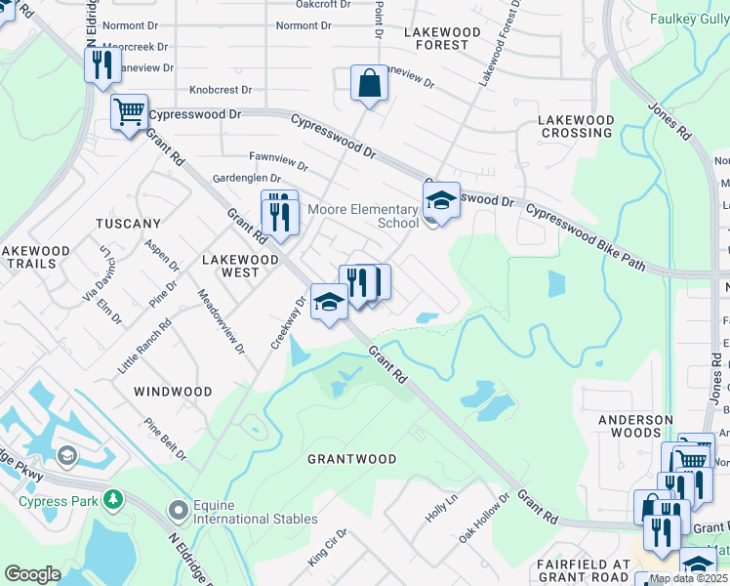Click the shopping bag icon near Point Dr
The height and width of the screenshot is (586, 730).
370,84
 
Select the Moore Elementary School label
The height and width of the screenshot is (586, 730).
363,216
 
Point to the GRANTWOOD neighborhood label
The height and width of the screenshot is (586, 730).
351,459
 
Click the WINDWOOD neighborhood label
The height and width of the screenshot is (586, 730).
173,392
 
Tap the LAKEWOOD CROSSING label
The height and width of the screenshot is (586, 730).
576,126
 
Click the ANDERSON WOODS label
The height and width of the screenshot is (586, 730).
635,427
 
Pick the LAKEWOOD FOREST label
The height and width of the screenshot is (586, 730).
442,38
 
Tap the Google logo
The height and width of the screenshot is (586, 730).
32,574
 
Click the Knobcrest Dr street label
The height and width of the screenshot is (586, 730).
221,89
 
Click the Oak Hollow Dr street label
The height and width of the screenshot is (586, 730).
484,519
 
